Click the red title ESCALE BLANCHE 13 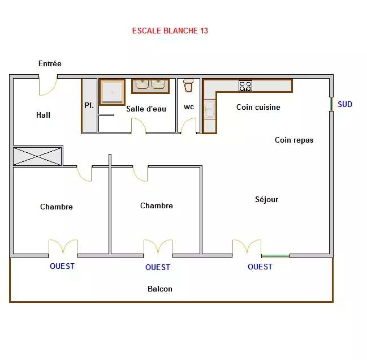pyautogui.click(x=170, y=31)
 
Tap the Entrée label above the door pyautogui.click(x=50, y=63)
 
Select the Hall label pyautogui.click(x=43, y=115)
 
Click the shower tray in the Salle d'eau pyautogui.click(x=112, y=92)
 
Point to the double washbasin pyautogui.click(x=150, y=86)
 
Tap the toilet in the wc pyautogui.click(x=188, y=85)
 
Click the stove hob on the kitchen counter pyautogui.click(x=245, y=85)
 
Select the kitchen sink pyautogui.click(x=209, y=109)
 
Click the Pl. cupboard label pyautogui.click(x=89, y=105)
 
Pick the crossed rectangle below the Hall pyautogui.click(x=37, y=156)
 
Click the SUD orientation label pyautogui.click(x=345, y=104)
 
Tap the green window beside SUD pyautogui.click(x=331, y=104)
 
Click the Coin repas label pyautogui.click(x=294, y=140)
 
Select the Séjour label pyautogui.click(x=266, y=199)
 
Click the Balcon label pyautogui.click(x=160, y=289)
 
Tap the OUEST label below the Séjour pyautogui.click(x=260, y=267)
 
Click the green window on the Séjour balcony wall pyautogui.click(x=275, y=256)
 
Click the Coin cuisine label pyautogui.click(x=258, y=107)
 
